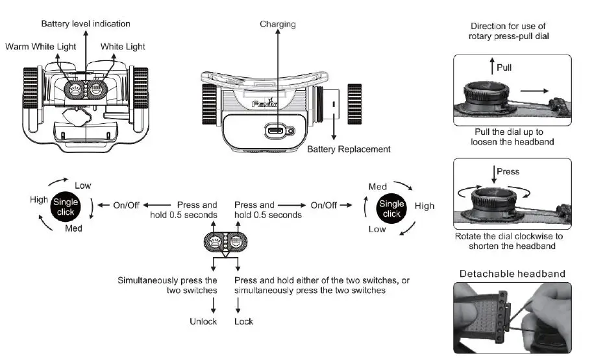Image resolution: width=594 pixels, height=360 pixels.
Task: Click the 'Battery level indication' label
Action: tap(86, 23)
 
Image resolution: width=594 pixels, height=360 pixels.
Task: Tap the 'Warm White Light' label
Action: tap(40, 47)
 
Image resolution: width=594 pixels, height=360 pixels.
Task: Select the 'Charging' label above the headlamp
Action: tap(278, 24)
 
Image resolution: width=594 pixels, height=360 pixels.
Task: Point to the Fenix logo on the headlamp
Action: tap(265, 103)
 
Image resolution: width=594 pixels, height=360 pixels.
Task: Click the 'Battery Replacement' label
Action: tap(349, 149)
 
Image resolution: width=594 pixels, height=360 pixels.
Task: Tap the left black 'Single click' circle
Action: tap(66, 207)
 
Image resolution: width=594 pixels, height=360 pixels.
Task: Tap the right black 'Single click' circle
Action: tap(391, 209)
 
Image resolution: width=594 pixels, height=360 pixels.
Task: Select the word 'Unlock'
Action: tap(203, 321)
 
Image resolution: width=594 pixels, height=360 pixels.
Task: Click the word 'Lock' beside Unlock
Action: tap(243, 321)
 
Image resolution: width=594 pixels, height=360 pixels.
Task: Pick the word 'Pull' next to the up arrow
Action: tap(504, 67)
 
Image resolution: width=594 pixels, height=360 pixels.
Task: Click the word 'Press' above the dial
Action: tap(508, 171)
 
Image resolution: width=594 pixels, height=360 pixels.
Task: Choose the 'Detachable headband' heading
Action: tap(512, 274)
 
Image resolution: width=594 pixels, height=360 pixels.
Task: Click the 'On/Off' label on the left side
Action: tap(126, 205)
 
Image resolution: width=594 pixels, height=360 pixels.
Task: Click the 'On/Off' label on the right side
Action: tap(323, 205)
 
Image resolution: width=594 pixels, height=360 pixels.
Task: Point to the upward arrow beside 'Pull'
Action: tap(492, 66)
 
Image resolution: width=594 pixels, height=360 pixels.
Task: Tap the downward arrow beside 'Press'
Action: tap(493, 174)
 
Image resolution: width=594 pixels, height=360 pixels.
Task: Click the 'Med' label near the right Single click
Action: tap(378, 187)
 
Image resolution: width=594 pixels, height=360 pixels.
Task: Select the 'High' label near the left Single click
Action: tap(39, 200)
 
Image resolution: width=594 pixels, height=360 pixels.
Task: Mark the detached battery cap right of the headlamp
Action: tap(354, 104)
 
